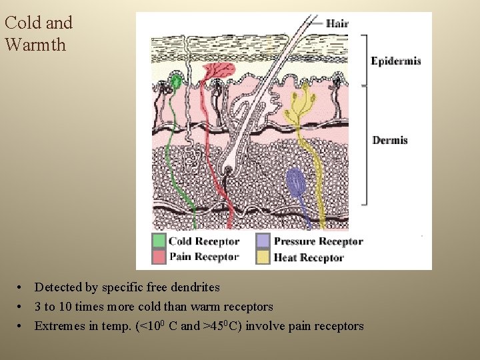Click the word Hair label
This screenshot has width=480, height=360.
point(337,23)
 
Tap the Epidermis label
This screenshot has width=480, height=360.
point(396,61)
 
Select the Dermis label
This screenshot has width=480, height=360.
point(390,140)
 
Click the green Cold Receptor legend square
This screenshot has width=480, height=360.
point(159,241)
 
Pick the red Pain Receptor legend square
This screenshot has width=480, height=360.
point(159,256)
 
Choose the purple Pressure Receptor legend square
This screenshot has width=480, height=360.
point(263,241)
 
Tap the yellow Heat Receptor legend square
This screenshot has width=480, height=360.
point(263,257)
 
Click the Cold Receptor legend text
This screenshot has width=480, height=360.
point(203,241)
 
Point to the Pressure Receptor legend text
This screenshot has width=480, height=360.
point(318,241)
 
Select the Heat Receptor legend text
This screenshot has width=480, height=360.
point(309,257)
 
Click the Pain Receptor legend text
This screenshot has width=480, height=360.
point(203,257)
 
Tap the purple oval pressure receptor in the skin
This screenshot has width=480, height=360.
point(295,182)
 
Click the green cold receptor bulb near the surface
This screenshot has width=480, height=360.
point(176,82)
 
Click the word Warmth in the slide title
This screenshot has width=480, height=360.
point(35,45)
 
